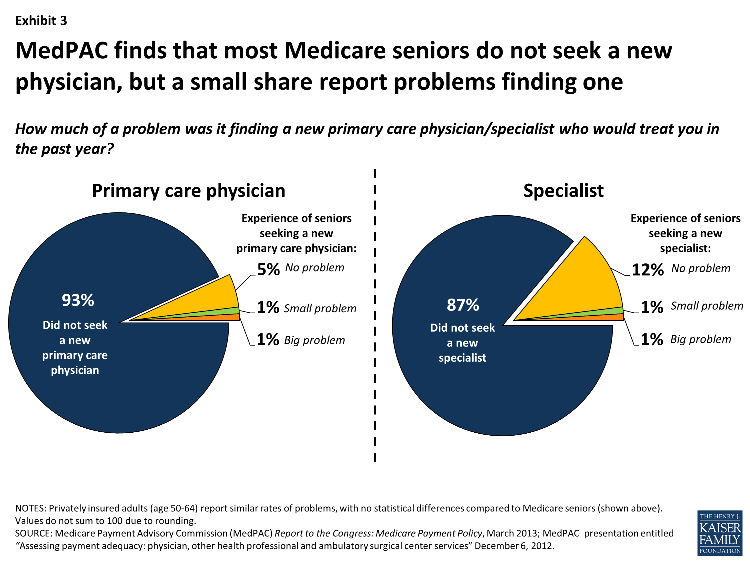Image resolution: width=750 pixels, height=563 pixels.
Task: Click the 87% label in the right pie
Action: coord(463,305)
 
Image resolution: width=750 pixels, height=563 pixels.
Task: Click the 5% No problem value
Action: coord(268,270)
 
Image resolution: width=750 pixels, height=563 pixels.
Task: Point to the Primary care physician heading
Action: coord(188,191)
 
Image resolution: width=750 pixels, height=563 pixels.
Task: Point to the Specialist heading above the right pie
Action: coord(563,191)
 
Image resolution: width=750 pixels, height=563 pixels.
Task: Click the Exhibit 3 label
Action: coord(41,21)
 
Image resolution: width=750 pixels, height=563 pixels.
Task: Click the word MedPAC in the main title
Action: coord(62,51)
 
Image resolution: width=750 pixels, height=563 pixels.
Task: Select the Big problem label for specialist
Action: coord(700,339)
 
